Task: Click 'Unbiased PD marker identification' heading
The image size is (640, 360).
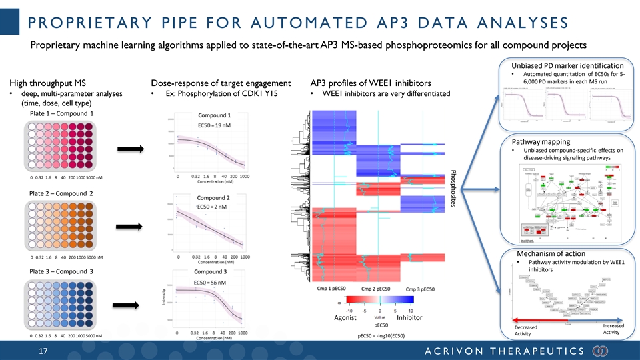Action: (x=567, y=65)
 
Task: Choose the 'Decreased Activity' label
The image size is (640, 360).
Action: (x=525, y=331)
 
